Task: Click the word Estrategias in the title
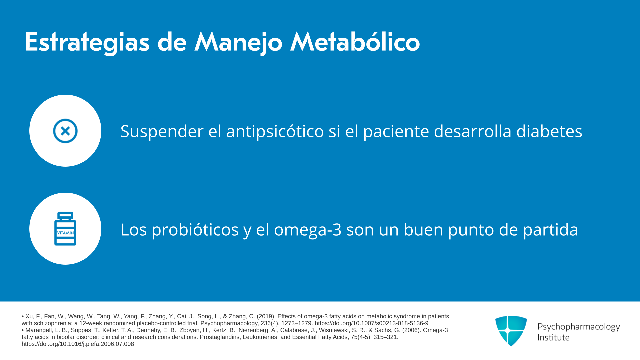tap(87, 42)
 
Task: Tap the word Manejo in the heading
tap(238, 42)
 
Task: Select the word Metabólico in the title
tap(355, 42)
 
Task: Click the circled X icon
tap(65, 131)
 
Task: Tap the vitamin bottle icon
tap(65, 229)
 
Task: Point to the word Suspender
tap(162, 132)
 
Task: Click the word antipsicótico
tap(275, 132)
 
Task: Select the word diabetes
tap(549, 131)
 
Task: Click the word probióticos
tap(195, 230)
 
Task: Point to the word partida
tap(550, 230)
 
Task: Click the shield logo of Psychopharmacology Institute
tap(511, 331)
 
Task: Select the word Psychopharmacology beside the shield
tap(579, 327)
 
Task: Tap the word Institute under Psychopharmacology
tap(553, 337)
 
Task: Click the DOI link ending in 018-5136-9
tap(371, 323)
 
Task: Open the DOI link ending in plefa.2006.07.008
tap(78, 344)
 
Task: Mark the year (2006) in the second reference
tap(412, 330)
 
